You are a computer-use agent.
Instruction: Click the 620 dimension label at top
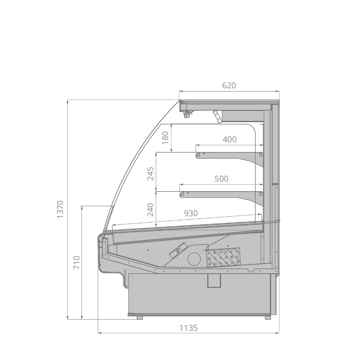coord(229,86)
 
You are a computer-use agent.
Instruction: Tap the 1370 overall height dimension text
coord(60,209)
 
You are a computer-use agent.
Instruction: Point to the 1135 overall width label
coord(189,328)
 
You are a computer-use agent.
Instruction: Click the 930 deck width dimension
coord(191,213)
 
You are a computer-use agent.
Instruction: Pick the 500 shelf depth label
coord(221,179)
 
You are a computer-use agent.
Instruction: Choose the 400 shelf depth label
coord(230,139)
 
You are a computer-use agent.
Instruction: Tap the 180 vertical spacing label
coord(165,138)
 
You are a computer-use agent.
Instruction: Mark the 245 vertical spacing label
coord(150,174)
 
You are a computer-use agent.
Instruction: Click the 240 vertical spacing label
coord(150,210)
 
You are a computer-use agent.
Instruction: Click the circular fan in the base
coord(194,258)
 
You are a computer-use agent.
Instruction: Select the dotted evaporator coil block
coord(223,257)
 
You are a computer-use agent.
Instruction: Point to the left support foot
coord(140,318)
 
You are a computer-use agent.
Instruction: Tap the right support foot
coord(267,318)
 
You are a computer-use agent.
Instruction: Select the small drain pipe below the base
coord(213,280)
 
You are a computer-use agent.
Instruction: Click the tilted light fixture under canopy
coord(217,117)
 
